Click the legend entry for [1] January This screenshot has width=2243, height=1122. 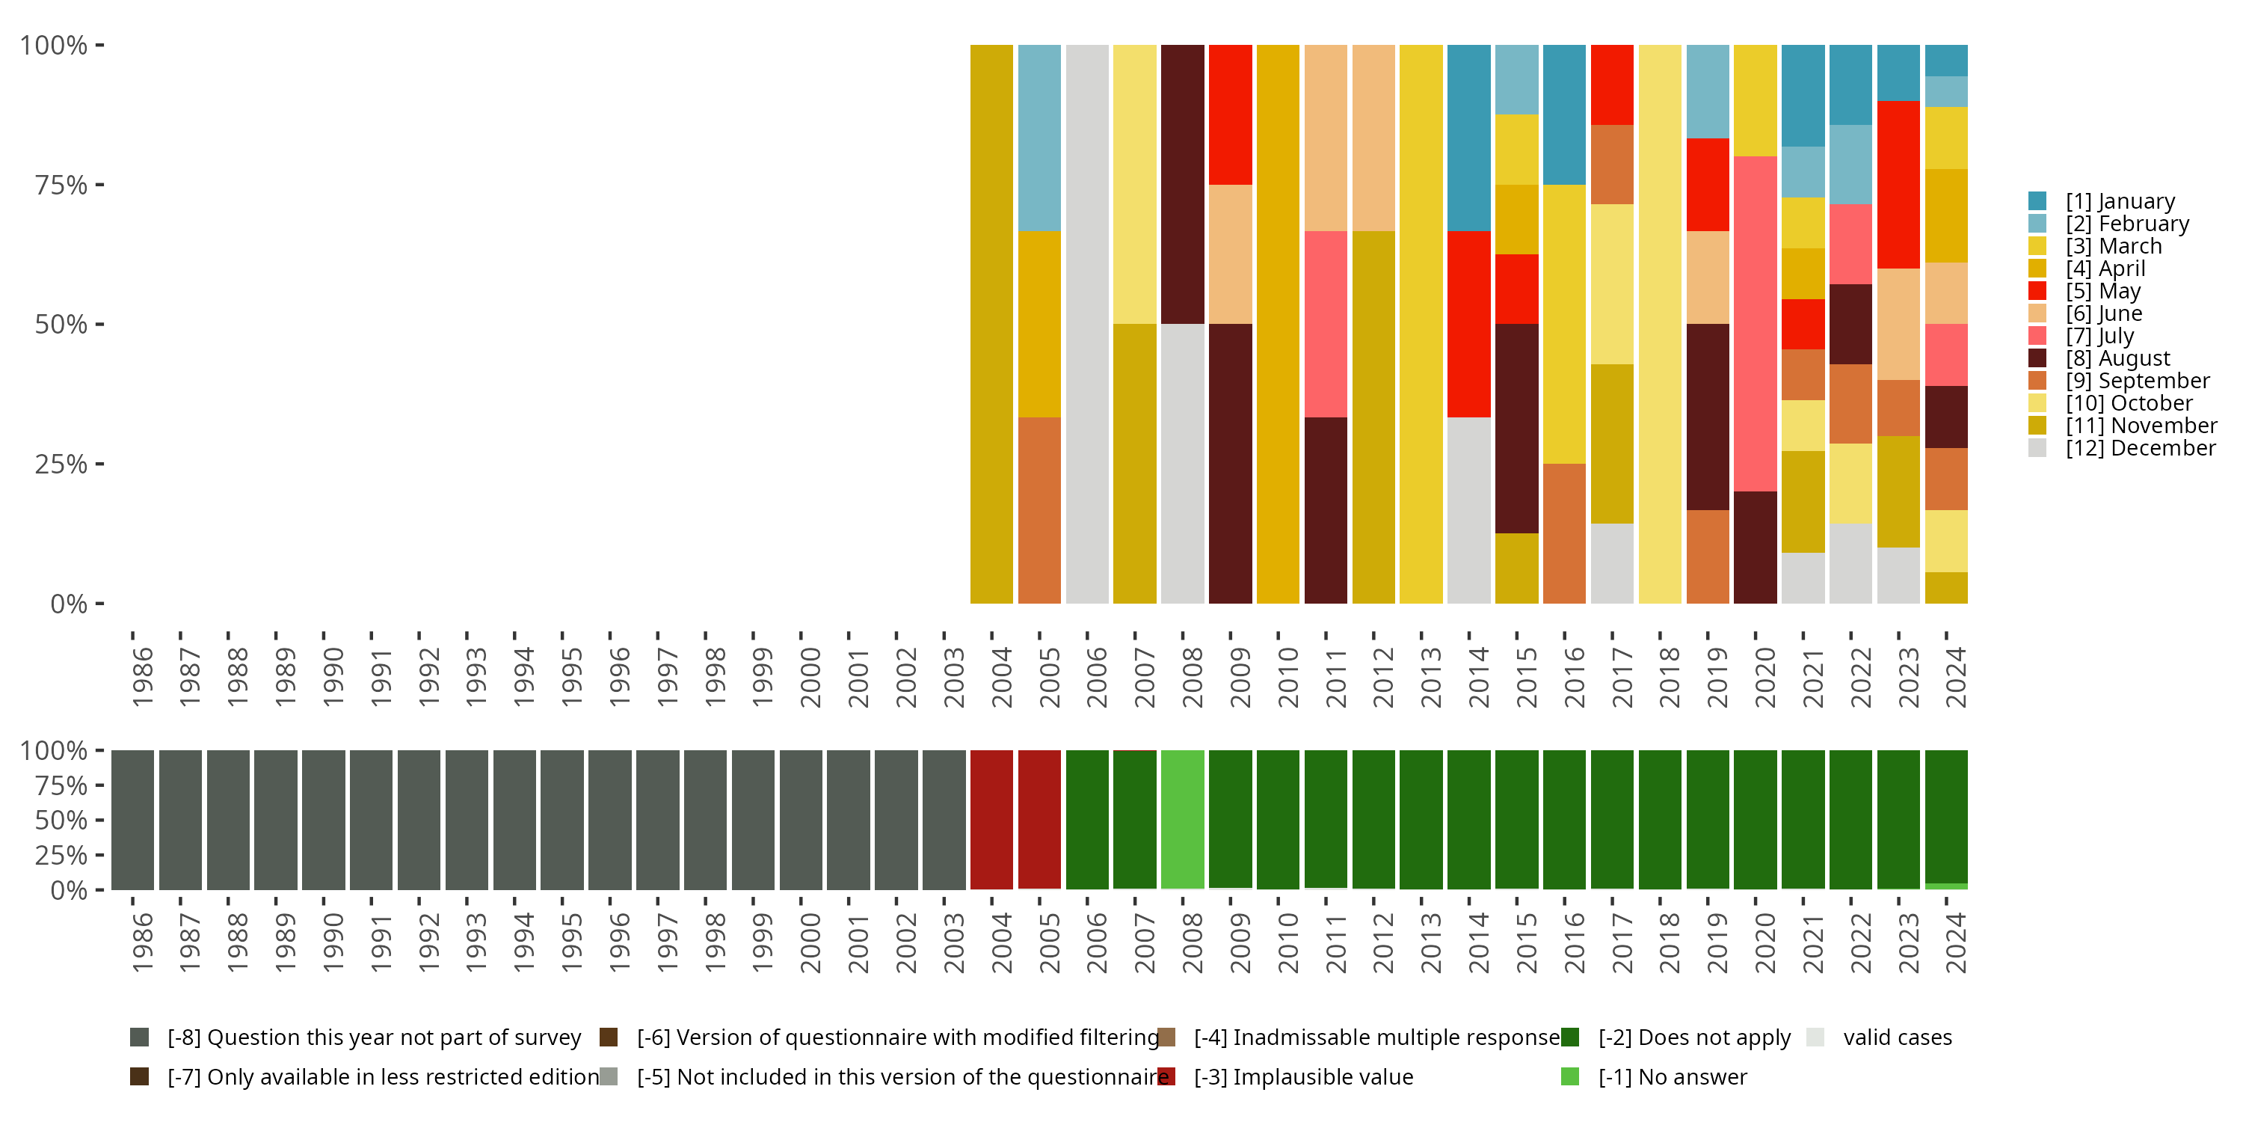click(2120, 201)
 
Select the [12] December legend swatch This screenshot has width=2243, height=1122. click(2037, 448)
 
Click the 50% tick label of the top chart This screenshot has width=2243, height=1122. click(61, 325)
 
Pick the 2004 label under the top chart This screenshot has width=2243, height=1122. click(1001, 677)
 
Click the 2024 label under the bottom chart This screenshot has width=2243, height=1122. click(1956, 942)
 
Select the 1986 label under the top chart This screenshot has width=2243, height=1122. click(142, 677)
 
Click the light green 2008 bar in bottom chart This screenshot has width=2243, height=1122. click(1183, 819)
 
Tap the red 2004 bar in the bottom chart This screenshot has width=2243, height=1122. click(991, 819)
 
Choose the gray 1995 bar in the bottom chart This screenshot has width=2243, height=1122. click(561, 819)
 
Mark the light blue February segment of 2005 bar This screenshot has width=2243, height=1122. click(1040, 138)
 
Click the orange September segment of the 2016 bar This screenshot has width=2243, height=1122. click(1564, 533)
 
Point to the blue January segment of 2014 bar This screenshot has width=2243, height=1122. click(1469, 138)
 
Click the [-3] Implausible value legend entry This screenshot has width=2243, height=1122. click(1302, 1076)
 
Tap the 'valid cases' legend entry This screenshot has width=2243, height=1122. click(1896, 1037)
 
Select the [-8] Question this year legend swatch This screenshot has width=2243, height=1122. click(139, 1037)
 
